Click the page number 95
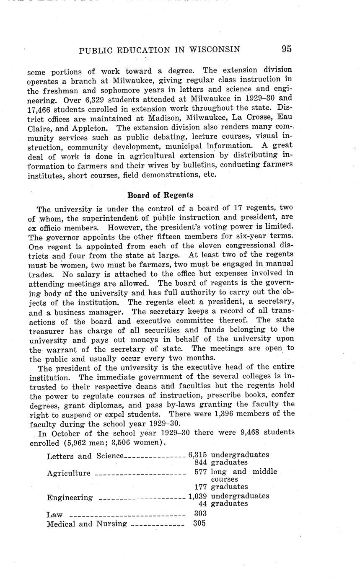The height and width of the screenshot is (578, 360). point(287,49)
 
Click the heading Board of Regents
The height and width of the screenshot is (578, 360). point(160,195)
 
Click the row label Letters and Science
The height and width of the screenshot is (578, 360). point(85,456)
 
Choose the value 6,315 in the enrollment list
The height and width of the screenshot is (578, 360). point(197,455)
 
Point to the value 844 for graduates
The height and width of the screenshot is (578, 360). point(201,462)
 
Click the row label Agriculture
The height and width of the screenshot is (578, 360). point(69,473)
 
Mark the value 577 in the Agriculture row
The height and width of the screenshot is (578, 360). point(201,472)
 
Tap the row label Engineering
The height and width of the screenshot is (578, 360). point(70,498)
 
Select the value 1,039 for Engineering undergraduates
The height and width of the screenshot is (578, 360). point(197,496)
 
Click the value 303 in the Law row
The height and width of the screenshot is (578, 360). point(200,513)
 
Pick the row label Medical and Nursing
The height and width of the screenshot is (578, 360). point(87,524)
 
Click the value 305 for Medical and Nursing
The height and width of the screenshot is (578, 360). point(199,523)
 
